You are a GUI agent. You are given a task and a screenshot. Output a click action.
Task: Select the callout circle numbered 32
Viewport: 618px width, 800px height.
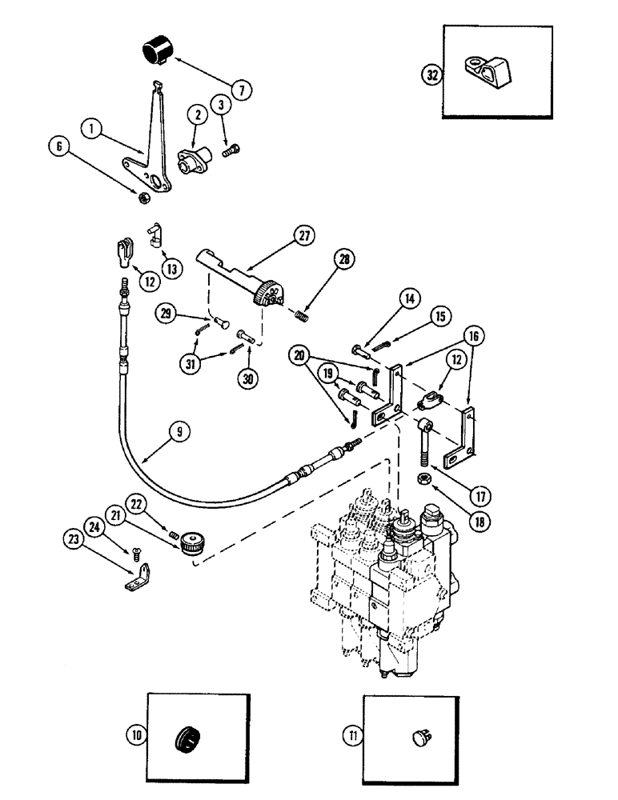432,75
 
